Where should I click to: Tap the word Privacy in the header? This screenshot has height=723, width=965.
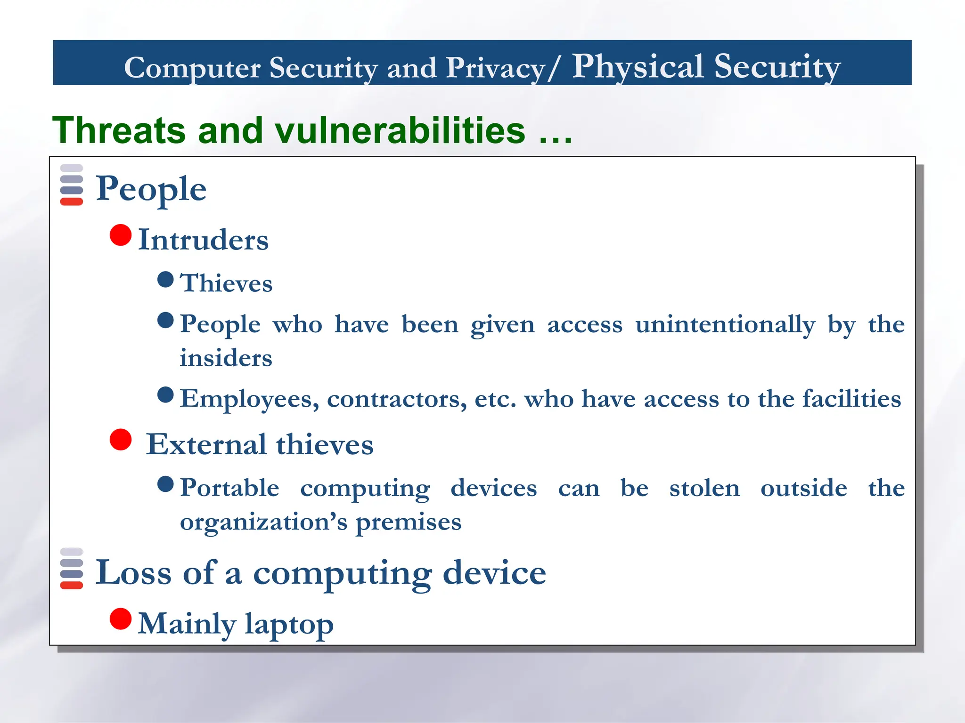point(496,68)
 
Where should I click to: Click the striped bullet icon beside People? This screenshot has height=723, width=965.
point(72,185)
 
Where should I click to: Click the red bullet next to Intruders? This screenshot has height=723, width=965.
point(121,235)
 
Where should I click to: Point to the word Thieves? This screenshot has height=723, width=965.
point(226,283)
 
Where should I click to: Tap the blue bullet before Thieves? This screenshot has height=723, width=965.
point(165,279)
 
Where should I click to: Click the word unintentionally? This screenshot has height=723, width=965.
point(725,325)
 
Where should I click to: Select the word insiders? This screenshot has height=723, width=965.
point(226,358)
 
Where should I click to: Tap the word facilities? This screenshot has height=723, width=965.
point(851,399)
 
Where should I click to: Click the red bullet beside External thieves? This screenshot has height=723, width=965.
point(121,440)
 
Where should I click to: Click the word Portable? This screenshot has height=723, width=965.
point(230,488)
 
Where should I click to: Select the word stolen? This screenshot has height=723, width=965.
point(704,488)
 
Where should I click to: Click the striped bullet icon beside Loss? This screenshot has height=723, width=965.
point(72,569)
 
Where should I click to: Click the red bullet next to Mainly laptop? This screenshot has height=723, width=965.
point(121,619)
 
